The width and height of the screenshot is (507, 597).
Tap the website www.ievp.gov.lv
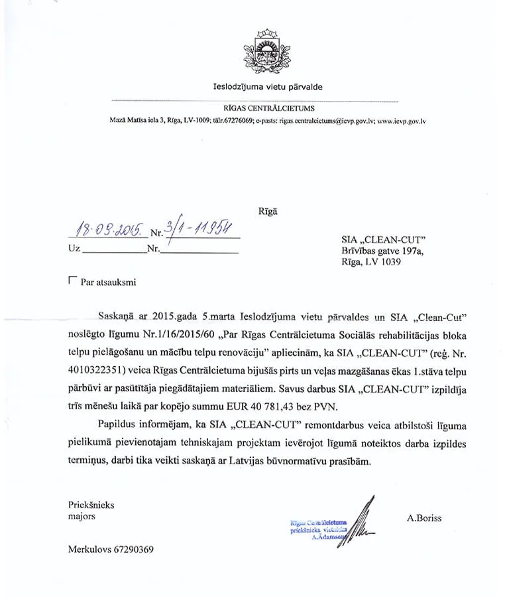tap(401, 121)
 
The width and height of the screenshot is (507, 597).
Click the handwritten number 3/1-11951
tap(199, 229)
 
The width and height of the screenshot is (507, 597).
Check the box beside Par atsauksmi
tap(72, 281)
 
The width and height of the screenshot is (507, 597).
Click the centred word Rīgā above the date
tap(267, 212)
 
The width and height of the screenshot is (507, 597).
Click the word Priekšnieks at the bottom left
tap(91, 505)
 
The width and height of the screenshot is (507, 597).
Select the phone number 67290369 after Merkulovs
tap(133, 549)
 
